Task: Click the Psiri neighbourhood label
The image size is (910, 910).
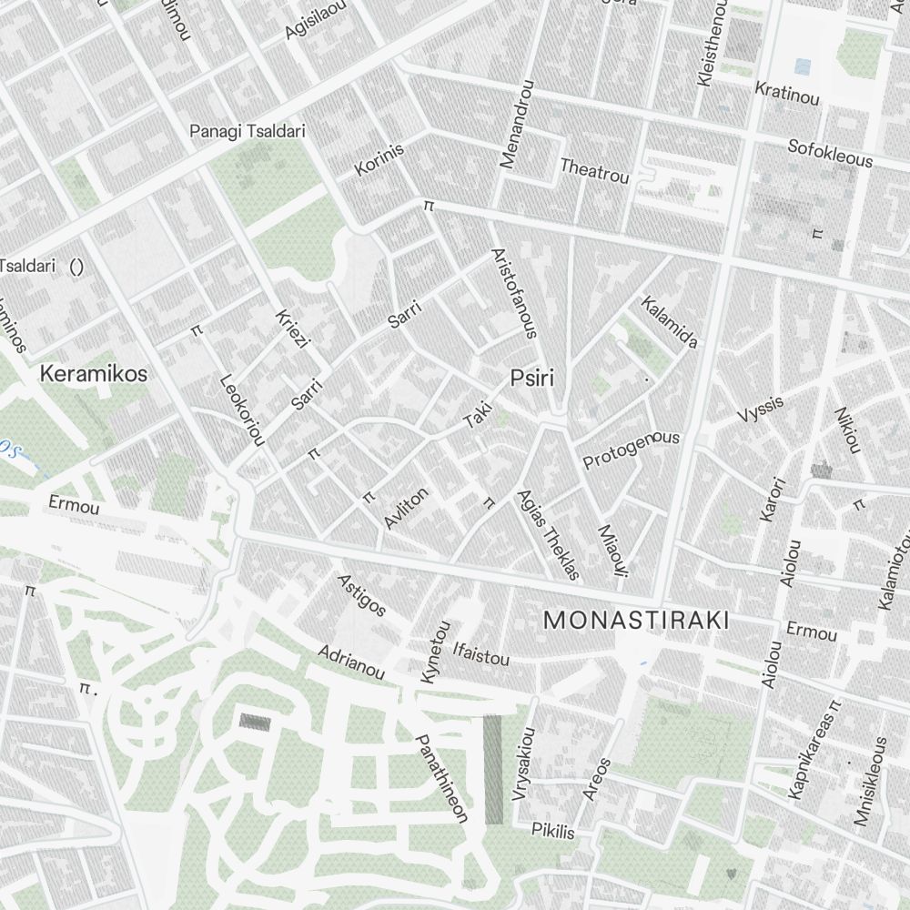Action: click(531, 378)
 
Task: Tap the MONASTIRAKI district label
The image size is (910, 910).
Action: click(636, 621)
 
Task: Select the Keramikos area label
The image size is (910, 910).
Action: click(93, 373)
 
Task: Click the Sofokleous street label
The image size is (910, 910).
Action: click(830, 153)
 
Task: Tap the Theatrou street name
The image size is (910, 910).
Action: click(594, 170)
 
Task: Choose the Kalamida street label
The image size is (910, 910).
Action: click(670, 322)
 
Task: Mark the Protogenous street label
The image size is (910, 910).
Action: click(631, 448)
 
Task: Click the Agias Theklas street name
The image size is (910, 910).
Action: click(548, 534)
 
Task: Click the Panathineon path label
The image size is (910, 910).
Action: click(441, 779)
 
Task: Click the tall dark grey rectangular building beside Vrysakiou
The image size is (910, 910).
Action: click(492, 770)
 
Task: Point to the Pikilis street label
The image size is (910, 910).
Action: click(553, 831)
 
